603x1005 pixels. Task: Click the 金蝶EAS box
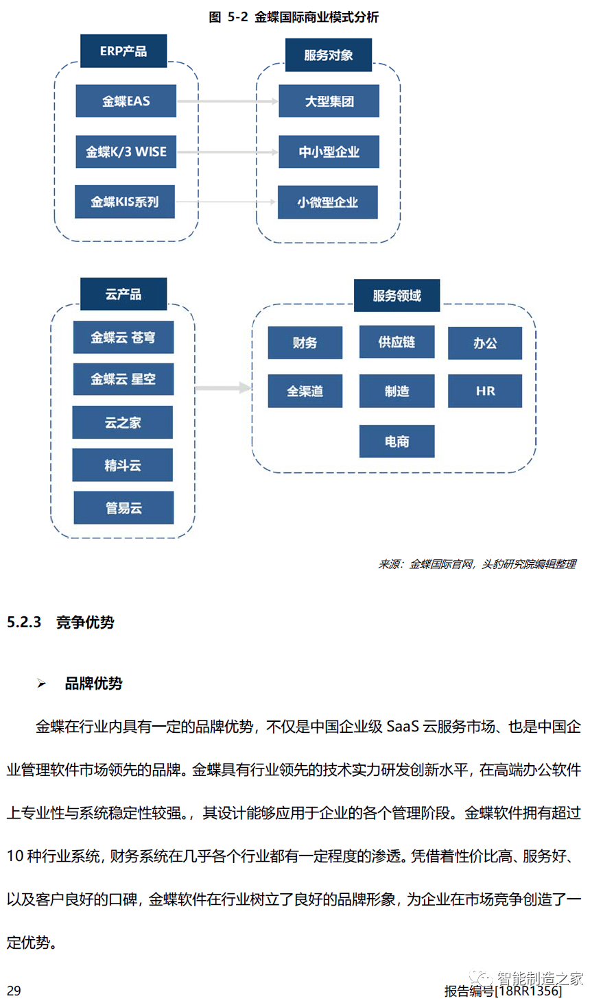[126, 101]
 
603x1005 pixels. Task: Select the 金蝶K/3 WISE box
[126, 152]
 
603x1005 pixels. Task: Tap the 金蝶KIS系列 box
[124, 202]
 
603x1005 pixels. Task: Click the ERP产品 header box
[123, 51]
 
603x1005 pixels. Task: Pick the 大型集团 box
[329, 101]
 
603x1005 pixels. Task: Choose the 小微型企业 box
[327, 202]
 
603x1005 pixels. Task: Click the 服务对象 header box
[328, 55]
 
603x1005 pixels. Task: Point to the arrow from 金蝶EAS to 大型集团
[227, 101]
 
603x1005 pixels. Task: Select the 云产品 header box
[123, 294]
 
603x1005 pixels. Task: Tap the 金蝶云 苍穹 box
[123, 337]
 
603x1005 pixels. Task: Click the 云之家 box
[122, 422]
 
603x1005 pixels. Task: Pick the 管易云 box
[123, 508]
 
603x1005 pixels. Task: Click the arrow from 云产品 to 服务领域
[223, 388]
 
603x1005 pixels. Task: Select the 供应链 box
[397, 342]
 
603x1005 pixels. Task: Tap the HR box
[485, 391]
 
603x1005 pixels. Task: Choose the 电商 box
[397, 441]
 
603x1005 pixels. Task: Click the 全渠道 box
[305, 391]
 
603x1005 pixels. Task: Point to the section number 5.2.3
[24, 622]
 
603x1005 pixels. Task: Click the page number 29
[14, 991]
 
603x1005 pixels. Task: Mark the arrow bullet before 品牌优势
[42, 683]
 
